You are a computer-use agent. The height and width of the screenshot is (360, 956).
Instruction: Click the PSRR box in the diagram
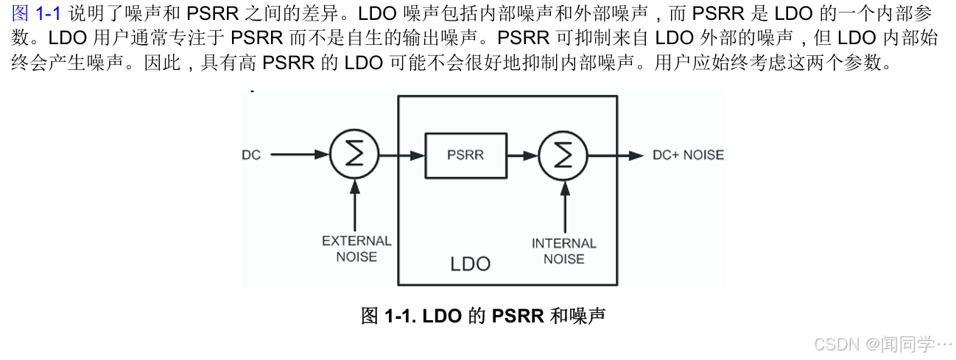[x=466, y=155]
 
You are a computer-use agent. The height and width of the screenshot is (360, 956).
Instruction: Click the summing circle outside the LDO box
[x=354, y=155]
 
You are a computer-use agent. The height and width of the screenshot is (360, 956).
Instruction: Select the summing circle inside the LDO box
[x=563, y=155]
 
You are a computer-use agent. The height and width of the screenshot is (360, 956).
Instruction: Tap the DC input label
[x=251, y=155]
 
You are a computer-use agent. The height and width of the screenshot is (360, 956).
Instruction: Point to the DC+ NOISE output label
[x=688, y=155]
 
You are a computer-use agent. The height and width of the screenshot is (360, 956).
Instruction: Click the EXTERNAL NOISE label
[x=356, y=249]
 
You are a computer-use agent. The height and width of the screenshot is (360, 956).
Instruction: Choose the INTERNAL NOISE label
[x=563, y=251]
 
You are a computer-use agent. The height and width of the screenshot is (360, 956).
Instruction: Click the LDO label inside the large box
[x=470, y=264]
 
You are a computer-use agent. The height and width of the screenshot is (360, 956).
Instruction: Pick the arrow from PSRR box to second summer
[x=523, y=155]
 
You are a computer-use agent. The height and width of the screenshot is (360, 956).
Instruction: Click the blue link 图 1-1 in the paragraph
[x=36, y=13]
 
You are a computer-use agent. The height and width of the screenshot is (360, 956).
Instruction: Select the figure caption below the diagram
[x=482, y=317]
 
